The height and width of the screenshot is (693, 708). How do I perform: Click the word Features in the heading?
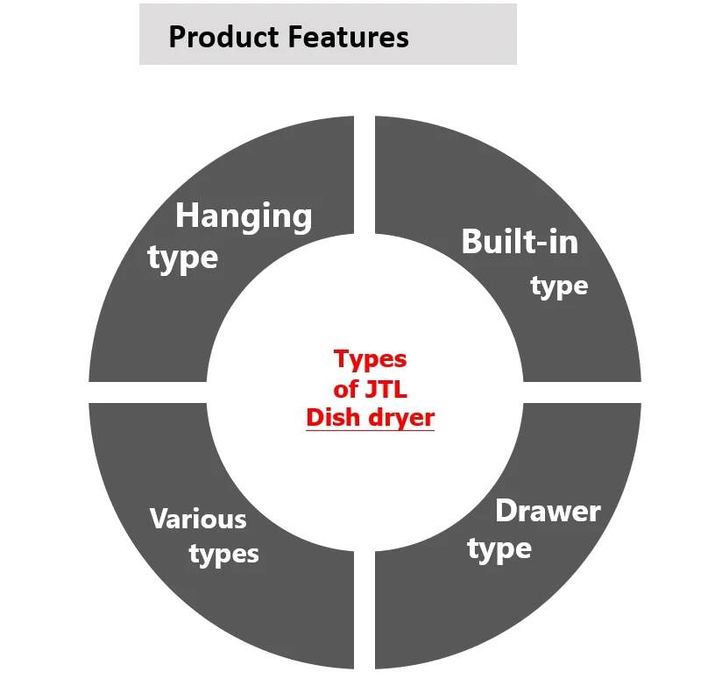(x=349, y=37)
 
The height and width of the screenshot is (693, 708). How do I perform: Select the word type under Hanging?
(x=182, y=259)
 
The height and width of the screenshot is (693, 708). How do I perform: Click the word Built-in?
(x=520, y=241)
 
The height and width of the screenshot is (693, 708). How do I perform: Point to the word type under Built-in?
(x=559, y=286)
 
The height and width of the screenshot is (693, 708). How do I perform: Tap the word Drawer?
(x=548, y=511)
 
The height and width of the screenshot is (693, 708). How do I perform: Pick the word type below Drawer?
(x=499, y=550)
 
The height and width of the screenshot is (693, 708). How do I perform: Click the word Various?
(x=198, y=519)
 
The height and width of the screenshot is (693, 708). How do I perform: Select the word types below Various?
(x=224, y=555)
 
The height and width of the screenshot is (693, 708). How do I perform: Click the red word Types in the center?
(x=370, y=359)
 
